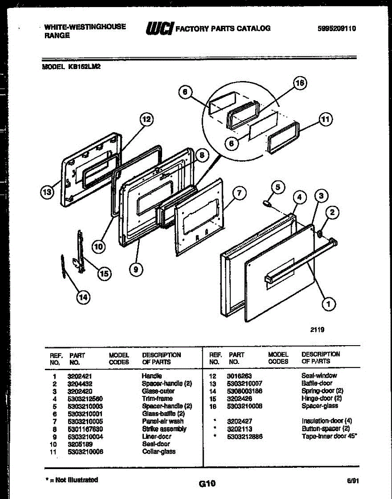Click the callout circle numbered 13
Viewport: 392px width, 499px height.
point(47,192)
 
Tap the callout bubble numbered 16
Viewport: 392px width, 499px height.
point(299,83)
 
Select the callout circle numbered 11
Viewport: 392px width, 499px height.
point(326,119)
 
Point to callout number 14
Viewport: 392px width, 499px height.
point(84,296)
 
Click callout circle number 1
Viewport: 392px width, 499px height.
point(329,305)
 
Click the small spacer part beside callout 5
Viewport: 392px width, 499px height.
point(268,203)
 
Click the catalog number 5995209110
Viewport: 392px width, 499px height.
point(337,29)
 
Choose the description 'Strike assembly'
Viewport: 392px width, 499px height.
point(164,429)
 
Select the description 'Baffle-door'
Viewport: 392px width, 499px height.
point(317,383)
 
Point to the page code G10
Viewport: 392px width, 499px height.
point(207,483)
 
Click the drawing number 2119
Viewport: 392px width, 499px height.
point(317,330)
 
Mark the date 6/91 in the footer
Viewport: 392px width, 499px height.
point(353,481)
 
